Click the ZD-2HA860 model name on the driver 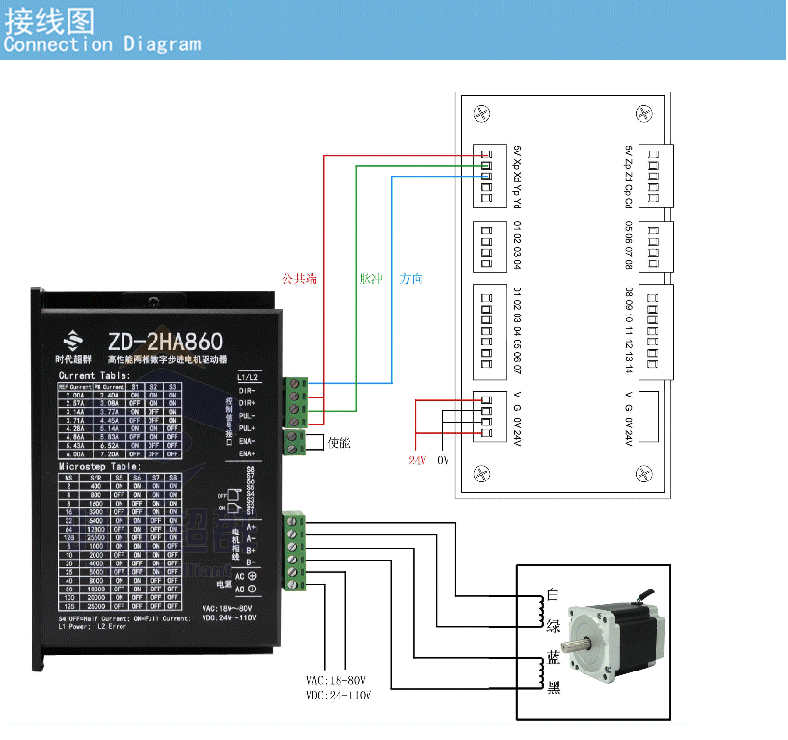pos(165,342)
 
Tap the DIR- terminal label pos(247,389)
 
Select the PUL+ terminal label pos(247,427)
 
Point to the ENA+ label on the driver pos(247,452)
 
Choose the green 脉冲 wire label pos(371,279)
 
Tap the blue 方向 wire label pos(412,279)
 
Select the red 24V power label pos(417,461)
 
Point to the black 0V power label pos(444,461)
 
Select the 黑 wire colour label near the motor pos(554,688)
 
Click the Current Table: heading pos(94,374)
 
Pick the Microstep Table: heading pos(100,466)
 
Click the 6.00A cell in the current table pos(74,452)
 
